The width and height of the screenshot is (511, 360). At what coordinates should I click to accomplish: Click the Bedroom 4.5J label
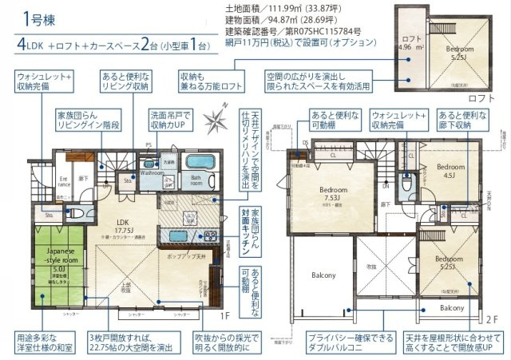(449, 172)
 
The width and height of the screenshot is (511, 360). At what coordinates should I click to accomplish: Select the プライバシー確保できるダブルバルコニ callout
(347, 343)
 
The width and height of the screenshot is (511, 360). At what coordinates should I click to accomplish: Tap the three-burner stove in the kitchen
(210, 235)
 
